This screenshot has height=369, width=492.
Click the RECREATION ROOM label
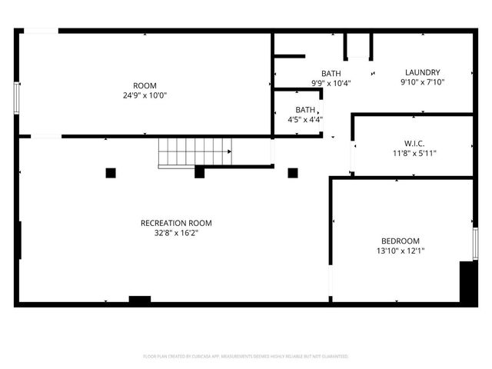coord(176,223)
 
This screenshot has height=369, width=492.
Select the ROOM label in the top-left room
coord(145,85)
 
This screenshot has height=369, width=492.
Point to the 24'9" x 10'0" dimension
coord(145,95)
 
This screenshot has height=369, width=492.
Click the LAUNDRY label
coord(422,72)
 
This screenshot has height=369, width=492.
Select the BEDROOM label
coord(401,241)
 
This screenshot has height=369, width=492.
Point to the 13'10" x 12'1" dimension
coord(401,251)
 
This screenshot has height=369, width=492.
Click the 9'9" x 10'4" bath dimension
coord(331,83)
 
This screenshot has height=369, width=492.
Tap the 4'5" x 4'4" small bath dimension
coord(305,119)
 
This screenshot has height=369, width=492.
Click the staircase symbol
coord(194,152)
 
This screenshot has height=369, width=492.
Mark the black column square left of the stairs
coord(111,173)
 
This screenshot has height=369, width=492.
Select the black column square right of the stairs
coord(293,172)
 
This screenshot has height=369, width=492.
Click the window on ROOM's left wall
coord(16,98)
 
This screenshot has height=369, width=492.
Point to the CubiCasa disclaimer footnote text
coord(246,357)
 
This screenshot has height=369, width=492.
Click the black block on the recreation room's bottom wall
coord(140,300)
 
